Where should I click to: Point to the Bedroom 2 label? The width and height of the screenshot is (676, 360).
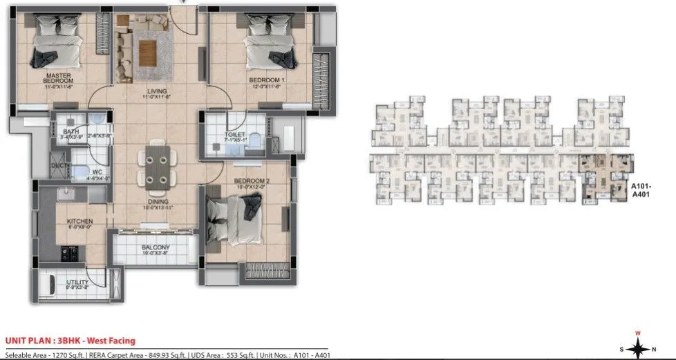point(248,182)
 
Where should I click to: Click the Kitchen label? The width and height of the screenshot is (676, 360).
point(79,222)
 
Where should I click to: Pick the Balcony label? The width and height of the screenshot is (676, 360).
point(156,247)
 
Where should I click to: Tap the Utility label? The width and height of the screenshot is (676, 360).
point(77,282)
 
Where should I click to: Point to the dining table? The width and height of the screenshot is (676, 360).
point(155,166)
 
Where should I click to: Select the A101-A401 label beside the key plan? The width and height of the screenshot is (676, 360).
point(643,190)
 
